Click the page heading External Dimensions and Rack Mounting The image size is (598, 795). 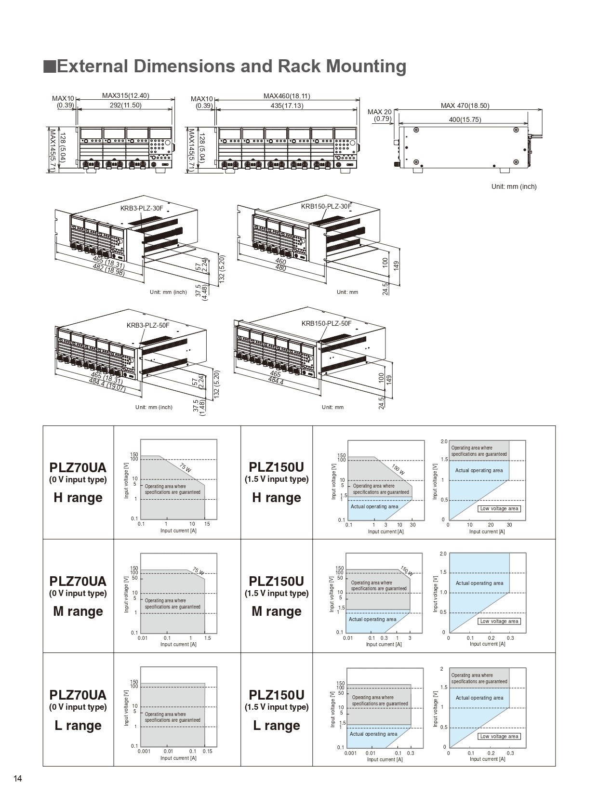[x=231, y=66]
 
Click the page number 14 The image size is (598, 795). [x=18, y=779]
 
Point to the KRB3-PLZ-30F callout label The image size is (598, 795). [x=142, y=208]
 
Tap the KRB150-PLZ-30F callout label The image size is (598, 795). [x=326, y=206]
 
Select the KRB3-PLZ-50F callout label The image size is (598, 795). [x=148, y=325]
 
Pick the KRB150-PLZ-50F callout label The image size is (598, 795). [x=326, y=323]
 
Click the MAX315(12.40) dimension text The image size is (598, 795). [x=125, y=95]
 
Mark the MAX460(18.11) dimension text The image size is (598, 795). [x=287, y=96]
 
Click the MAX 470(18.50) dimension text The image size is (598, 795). [x=465, y=106]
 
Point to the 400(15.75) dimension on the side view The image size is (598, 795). [x=465, y=119]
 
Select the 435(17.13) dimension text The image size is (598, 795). [x=287, y=106]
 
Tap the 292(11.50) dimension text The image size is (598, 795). [x=125, y=105]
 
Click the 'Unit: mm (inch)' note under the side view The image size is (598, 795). [x=514, y=186]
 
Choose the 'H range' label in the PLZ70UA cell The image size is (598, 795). [x=78, y=498]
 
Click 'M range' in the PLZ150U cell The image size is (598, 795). [x=277, y=611]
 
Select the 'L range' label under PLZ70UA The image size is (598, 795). [x=78, y=726]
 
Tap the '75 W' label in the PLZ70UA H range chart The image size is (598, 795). [x=185, y=467]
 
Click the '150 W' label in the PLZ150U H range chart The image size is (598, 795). [x=398, y=469]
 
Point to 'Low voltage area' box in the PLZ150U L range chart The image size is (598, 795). [x=499, y=736]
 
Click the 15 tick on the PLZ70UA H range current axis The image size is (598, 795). [x=207, y=524]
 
